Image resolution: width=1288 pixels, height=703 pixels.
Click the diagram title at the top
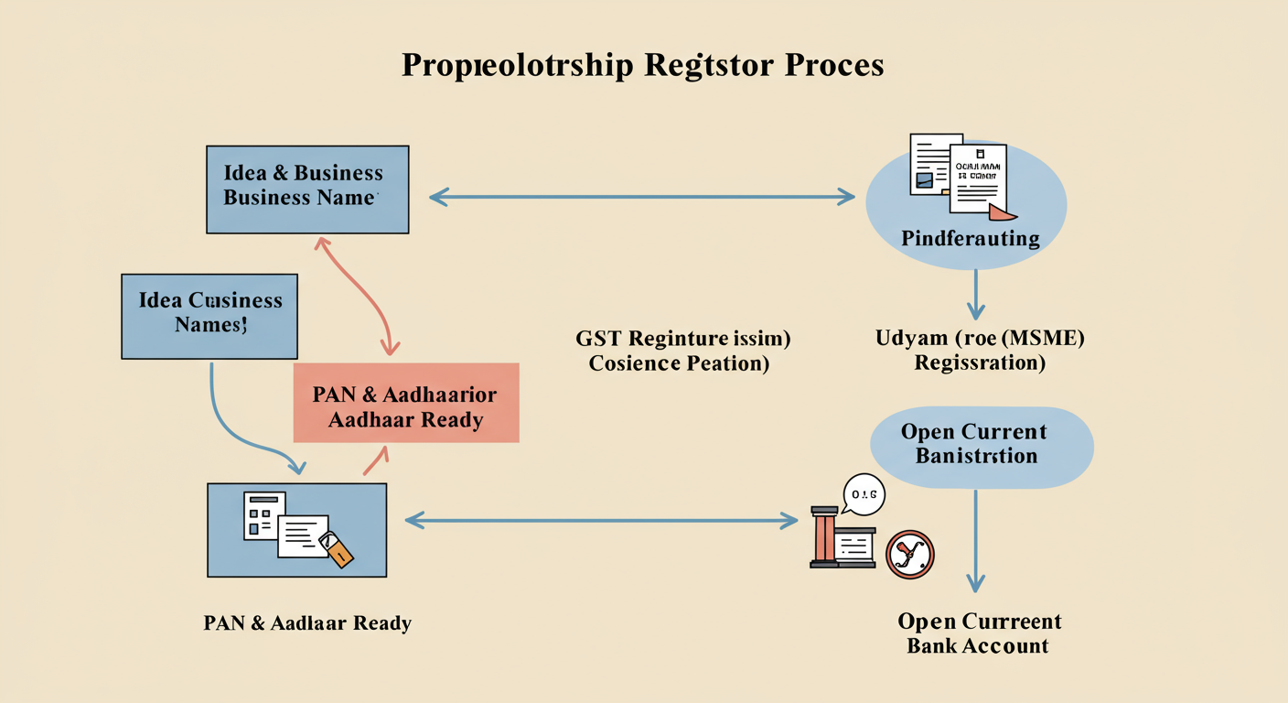pyautogui.click(x=642, y=66)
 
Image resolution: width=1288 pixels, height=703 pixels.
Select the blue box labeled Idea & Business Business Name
pyautogui.click(x=307, y=189)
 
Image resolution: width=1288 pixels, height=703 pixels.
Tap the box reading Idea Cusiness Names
pyautogui.click(x=209, y=316)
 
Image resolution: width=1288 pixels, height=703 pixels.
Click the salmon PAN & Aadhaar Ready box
pyautogui.click(x=405, y=404)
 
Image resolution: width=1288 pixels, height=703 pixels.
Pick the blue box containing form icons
pyautogui.click(x=296, y=530)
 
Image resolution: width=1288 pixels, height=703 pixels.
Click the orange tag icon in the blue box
pyautogui.click(x=339, y=552)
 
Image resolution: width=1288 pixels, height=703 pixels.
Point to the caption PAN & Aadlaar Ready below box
pyautogui.click(x=307, y=623)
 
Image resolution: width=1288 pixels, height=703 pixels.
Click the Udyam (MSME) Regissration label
pyautogui.click(x=980, y=351)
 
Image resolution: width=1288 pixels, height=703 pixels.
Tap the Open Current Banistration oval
pyautogui.click(x=982, y=445)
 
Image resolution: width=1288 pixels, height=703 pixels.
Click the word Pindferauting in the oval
pyautogui.click(x=971, y=239)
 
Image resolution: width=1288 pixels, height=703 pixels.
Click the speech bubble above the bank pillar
pyautogui.click(x=863, y=495)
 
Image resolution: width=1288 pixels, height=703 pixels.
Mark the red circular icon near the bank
pyautogui.click(x=910, y=555)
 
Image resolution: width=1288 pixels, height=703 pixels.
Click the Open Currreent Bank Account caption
pyautogui.click(x=979, y=633)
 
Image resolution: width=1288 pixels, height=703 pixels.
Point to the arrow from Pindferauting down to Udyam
pyautogui.click(x=976, y=293)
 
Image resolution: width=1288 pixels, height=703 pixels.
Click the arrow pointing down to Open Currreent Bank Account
pyautogui.click(x=976, y=540)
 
